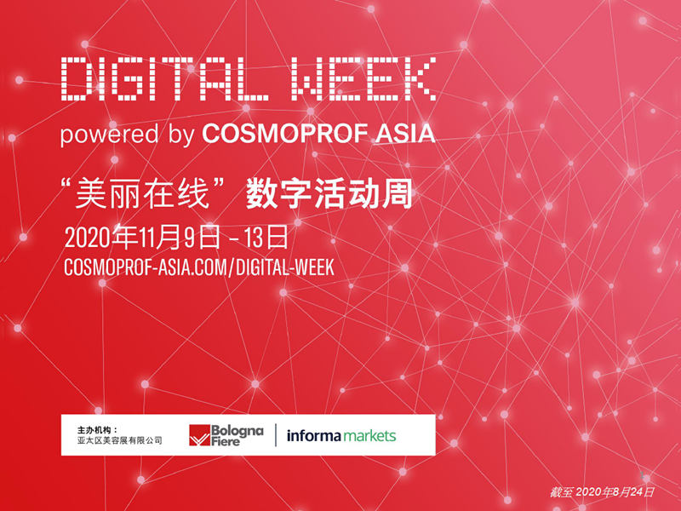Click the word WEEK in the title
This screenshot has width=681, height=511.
[x=364, y=79]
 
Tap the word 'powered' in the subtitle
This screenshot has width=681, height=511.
[x=110, y=135]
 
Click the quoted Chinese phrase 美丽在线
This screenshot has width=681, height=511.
[x=143, y=193]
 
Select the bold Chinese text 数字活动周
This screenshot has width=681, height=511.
[x=329, y=193]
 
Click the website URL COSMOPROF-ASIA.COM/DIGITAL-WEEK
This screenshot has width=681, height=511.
[x=199, y=267]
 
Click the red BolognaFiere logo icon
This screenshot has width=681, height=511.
[x=199, y=435]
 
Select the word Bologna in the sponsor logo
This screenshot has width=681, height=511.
[x=237, y=431]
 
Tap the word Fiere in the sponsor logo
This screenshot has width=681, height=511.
[x=226, y=441]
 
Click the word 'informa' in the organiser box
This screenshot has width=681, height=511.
[x=313, y=435]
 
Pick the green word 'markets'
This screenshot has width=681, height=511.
[x=369, y=435]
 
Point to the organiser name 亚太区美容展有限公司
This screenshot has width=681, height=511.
[x=120, y=440]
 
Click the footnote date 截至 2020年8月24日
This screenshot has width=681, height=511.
[x=602, y=492]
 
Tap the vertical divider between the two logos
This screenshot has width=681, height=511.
[x=276, y=435]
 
